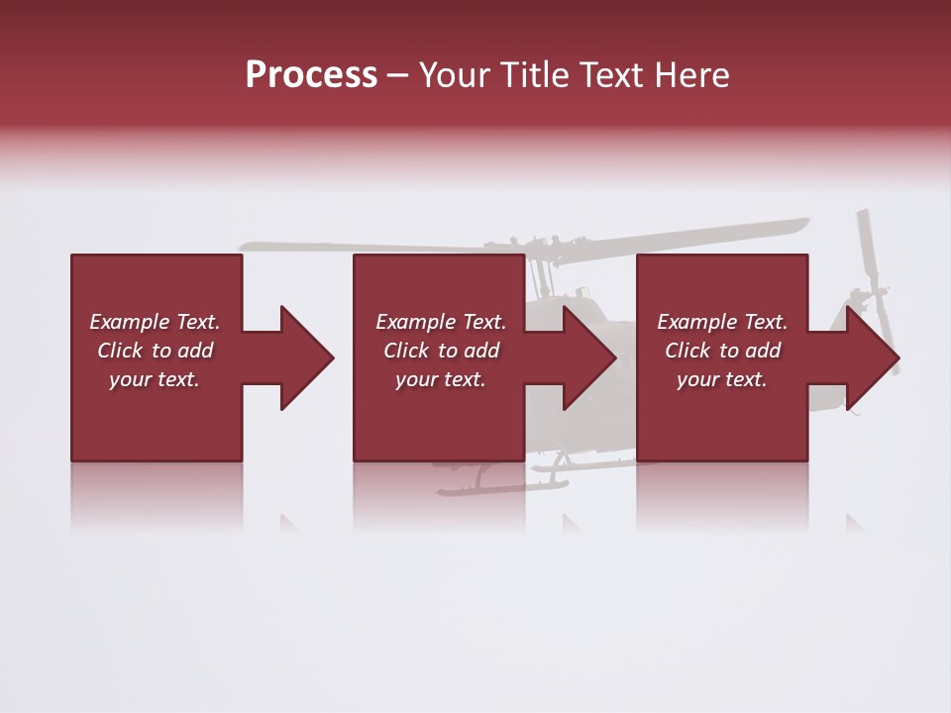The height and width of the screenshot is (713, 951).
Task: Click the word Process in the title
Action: (311, 75)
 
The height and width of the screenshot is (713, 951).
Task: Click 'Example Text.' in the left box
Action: (155, 322)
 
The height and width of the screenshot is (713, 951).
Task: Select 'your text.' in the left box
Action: (155, 379)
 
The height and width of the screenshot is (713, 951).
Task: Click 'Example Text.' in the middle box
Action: (440, 322)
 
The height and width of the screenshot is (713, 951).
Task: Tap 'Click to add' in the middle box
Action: (440, 351)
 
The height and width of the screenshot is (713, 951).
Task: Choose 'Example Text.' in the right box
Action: (722, 322)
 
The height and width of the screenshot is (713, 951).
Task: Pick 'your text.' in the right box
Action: (722, 379)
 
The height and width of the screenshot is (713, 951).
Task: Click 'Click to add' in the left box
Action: (155, 351)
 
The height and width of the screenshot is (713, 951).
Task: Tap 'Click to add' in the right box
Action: (722, 351)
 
